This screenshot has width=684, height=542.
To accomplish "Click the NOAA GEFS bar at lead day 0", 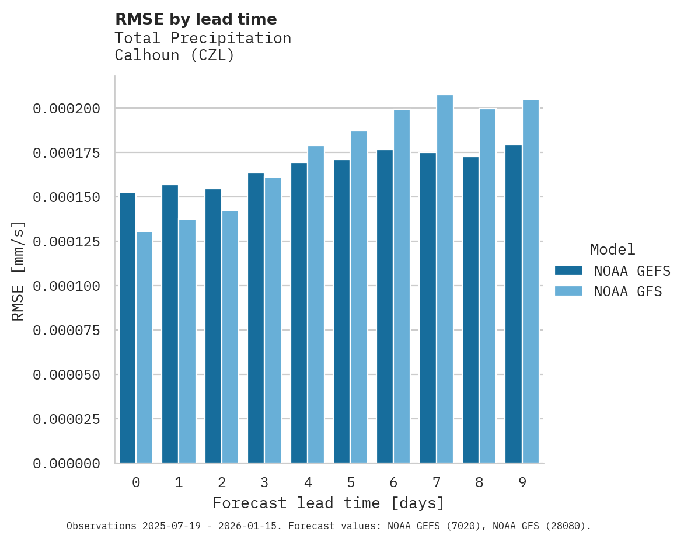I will point(127,328).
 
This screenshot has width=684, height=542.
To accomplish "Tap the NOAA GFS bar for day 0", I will point(145,348).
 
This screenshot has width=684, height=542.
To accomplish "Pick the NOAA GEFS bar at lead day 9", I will point(514,304).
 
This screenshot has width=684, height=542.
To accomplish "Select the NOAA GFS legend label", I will point(628,291).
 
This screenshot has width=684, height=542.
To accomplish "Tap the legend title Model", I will point(612,249).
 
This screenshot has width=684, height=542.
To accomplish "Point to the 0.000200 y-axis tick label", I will point(67,109).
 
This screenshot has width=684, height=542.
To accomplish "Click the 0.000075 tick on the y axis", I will point(67,331).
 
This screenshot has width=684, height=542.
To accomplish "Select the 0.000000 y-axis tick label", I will point(67,464).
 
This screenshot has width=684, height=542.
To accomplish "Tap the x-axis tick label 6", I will point(393,482).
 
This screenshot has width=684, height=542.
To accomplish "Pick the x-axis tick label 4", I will point(308,482).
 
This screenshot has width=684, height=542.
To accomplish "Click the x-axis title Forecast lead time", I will point(329,503).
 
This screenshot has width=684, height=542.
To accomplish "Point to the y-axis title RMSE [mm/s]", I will point(18,270).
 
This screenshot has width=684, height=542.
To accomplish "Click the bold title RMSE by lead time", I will point(196,19).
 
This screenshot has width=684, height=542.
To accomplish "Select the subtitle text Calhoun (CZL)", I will point(175,55).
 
